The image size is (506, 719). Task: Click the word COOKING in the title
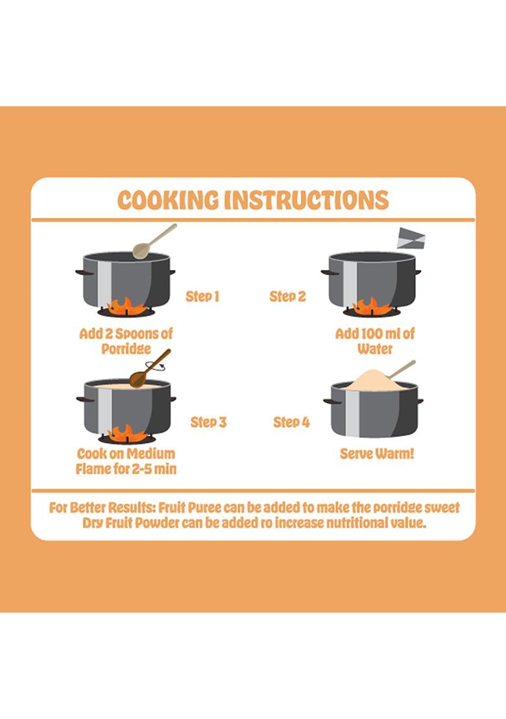pos(168,201)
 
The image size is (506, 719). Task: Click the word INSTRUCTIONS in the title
pos(307,201)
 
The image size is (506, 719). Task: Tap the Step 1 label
pos(202,297)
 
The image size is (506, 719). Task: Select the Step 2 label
pos(287,297)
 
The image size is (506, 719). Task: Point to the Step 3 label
pos(208,422)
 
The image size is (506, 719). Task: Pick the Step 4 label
pos(291,422)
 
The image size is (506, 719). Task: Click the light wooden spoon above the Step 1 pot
pos(154,241)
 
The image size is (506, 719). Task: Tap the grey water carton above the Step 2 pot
pos(411,238)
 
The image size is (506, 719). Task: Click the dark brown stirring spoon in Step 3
pos(149,369)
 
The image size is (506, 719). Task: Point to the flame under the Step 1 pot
pos(126,306)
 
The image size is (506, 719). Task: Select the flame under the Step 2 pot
pos(372,306)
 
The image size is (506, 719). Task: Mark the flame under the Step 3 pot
pos(127,433)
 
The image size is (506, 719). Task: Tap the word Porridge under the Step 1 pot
pos(126,349)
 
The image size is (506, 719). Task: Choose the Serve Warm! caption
pos(377,454)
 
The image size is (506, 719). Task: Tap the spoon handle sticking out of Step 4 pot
pos(402,369)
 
